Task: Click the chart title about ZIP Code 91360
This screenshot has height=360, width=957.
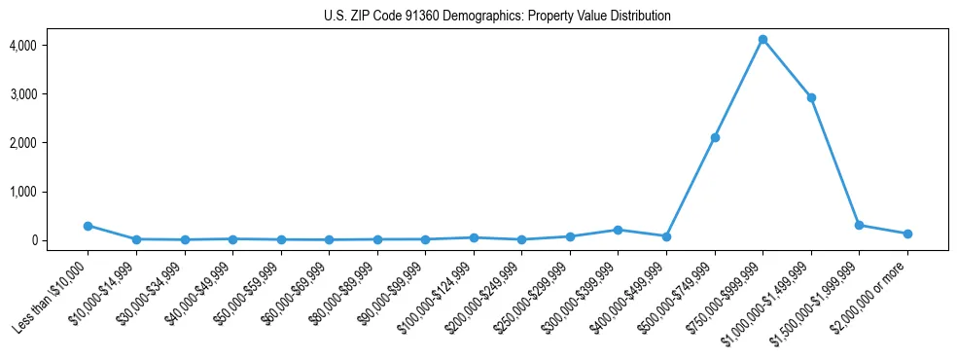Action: tap(497, 16)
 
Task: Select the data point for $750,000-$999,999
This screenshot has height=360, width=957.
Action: tap(762, 39)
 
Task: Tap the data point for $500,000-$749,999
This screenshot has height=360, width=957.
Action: tap(715, 137)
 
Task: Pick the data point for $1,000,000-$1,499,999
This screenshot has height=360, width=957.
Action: tap(811, 97)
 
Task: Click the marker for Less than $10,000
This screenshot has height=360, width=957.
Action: tap(88, 226)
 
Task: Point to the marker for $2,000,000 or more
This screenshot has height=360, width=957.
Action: tap(907, 234)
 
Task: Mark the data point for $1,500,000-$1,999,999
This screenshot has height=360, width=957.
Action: tap(859, 225)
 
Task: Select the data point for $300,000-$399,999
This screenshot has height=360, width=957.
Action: tap(618, 230)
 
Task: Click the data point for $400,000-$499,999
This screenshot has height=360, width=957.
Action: tap(666, 236)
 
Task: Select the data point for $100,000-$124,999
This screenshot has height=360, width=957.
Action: tap(474, 237)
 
